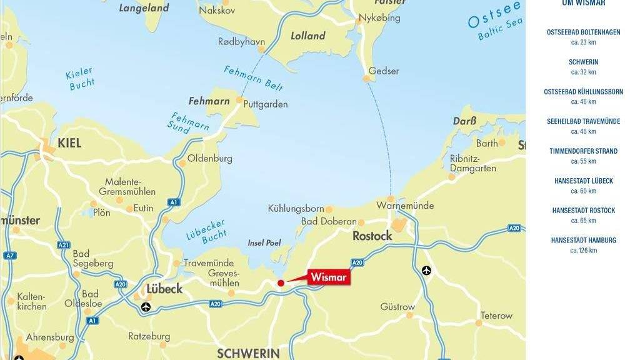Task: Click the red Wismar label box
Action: click(329, 276)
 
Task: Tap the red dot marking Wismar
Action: click(281, 283)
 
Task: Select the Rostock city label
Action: click(372, 236)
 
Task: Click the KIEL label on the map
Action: click(69, 143)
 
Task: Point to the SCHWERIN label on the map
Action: click(248, 353)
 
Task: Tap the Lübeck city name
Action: click(164, 289)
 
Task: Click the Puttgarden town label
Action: click(265, 104)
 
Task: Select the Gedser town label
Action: click(384, 71)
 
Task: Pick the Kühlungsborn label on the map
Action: click(296, 208)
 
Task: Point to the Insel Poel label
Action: click(264, 242)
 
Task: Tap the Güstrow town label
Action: click(397, 307)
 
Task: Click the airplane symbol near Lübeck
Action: click(146, 306)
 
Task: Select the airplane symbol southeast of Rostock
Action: click(427, 271)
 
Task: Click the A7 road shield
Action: click(9, 255)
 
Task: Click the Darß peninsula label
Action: click(464, 121)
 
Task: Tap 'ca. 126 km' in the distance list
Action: click(584, 251)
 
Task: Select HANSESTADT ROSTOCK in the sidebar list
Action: click(584, 211)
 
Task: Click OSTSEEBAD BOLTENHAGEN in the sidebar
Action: click(584, 32)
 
